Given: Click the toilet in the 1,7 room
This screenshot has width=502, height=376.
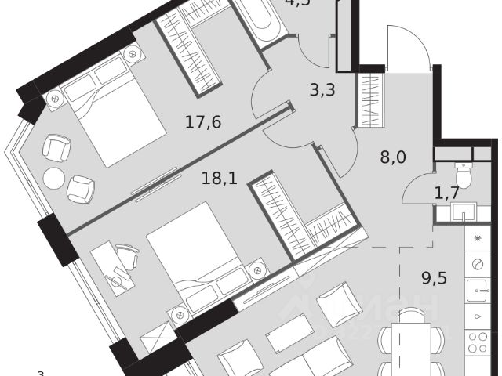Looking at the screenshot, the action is [464, 176].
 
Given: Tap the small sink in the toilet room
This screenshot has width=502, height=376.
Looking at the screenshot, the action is [468, 211].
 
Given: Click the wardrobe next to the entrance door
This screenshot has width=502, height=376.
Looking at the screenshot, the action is [369, 98].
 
